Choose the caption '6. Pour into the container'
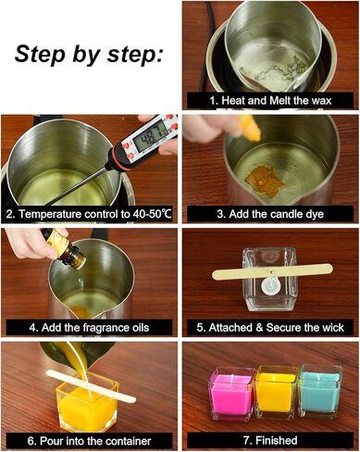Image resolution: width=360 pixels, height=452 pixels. coord(90,440)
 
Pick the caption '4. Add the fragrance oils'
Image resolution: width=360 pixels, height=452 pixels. coord(90,327)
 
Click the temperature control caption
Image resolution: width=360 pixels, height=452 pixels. coord(90,213)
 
